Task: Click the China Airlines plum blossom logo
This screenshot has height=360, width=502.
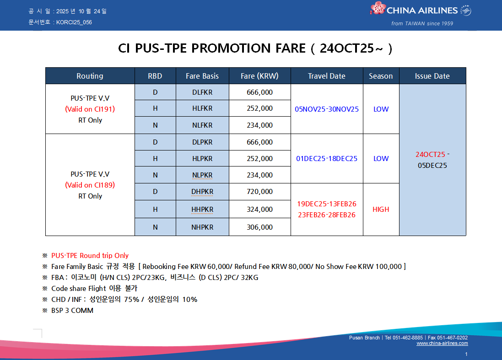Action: tap(378, 8)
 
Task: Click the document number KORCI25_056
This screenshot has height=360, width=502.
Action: tap(74, 22)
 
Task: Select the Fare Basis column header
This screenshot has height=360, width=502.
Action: tap(202, 76)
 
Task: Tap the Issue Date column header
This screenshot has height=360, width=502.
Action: tap(432, 76)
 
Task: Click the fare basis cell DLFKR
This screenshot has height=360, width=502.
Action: tap(202, 92)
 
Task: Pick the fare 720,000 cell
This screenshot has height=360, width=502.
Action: tap(259, 192)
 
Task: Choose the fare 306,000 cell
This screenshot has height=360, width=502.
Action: tap(259, 227)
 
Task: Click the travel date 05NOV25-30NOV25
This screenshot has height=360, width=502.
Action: tap(327, 109)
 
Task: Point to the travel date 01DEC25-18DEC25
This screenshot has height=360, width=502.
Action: tap(327, 159)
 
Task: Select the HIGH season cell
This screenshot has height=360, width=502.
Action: tap(381, 210)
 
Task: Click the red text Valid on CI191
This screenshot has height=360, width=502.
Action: tap(90, 109)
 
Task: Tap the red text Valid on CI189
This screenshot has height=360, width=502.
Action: tap(90, 185)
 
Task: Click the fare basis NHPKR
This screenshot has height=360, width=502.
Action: tap(202, 227)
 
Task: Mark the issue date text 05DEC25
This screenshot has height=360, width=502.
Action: tap(432, 166)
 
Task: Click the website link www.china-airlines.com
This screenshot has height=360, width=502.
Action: tap(442, 344)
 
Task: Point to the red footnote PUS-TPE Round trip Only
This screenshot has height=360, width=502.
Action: tap(90, 256)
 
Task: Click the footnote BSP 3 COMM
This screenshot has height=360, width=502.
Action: tap(72, 311)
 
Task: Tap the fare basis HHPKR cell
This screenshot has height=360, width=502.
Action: tap(202, 210)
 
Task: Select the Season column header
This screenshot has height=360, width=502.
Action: tap(381, 76)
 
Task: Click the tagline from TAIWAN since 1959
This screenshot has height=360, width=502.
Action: tap(422, 23)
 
